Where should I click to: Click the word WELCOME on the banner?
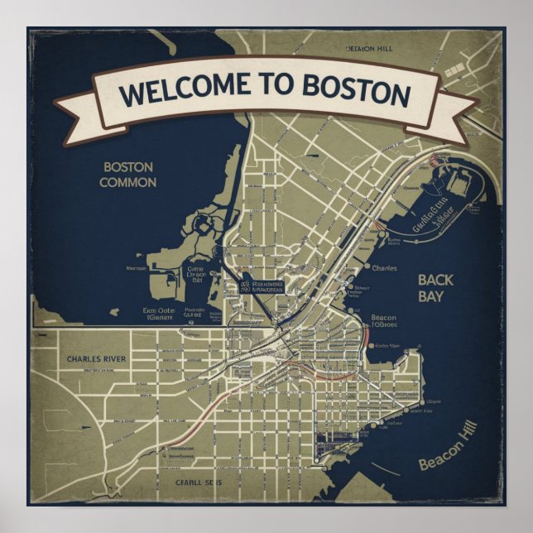[x=172, y=89]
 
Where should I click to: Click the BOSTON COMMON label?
[x=128, y=174]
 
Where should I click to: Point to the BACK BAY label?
[x=436, y=287]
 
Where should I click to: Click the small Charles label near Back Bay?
[x=384, y=268]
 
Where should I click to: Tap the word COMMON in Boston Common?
[x=128, y=182]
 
